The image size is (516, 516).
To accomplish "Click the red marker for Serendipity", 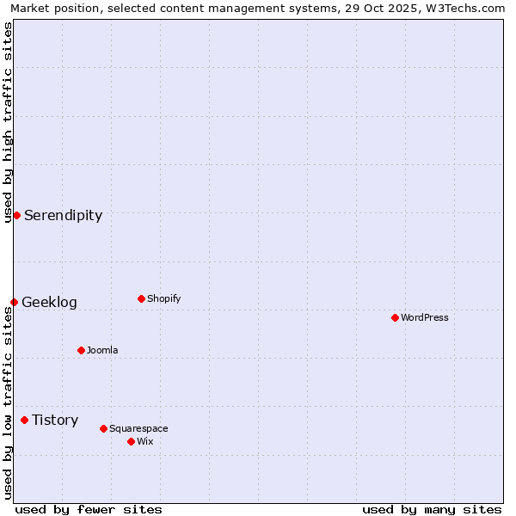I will [16, 215].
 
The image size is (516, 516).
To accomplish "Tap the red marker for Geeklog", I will [14, 302].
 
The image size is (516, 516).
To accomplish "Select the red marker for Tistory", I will [24, 420].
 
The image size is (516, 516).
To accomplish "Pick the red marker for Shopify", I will [141, 298].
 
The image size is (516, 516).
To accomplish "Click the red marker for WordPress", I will [395, 317].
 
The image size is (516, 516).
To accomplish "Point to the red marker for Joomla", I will [81, 350].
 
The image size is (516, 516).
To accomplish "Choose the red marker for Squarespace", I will [103, 428].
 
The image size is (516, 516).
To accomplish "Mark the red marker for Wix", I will [131, 441].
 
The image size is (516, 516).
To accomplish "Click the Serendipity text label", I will [63, 215].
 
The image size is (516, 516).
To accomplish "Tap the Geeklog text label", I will [49, 302].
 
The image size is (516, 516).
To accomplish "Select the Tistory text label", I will [55, 420].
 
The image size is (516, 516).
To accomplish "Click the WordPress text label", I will [425, 317].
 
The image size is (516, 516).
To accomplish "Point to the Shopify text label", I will [163, 298].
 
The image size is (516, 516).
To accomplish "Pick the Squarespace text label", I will [138, 428].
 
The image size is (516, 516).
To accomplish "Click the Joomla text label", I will [102, 350].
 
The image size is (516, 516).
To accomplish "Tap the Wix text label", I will [144, 441].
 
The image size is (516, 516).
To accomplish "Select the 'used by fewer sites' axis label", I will [88, 509].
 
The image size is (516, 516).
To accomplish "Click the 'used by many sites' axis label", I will [432, 509].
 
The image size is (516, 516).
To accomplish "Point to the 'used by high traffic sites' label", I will [8, 122].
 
